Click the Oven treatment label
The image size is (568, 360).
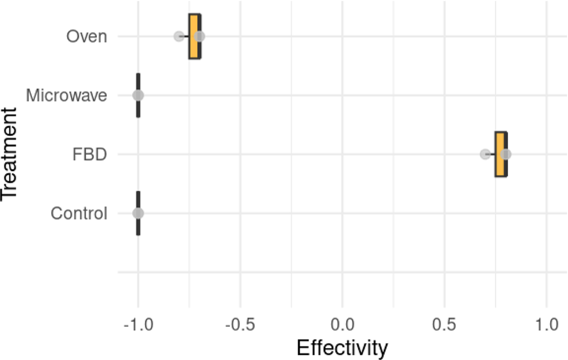(87, 36)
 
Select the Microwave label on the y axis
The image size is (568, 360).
(66, 96)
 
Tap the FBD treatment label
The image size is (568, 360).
(89, 155)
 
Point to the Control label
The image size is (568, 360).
(79, 214)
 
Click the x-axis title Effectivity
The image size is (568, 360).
(342, 348)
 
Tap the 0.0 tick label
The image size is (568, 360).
(342, 326)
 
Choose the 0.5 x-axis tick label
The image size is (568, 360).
(444, 326)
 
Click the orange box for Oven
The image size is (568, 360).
(194, 36)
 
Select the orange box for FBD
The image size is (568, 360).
(500, 154)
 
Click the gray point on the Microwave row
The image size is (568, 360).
(138, 96)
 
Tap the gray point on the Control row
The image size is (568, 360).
(138, 213)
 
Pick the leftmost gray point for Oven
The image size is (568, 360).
(179, 36)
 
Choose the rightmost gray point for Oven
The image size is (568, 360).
(200, 36)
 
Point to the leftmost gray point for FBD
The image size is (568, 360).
(485, 154)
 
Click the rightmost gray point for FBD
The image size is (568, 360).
(506, 154)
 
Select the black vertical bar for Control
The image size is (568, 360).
(138, 227)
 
